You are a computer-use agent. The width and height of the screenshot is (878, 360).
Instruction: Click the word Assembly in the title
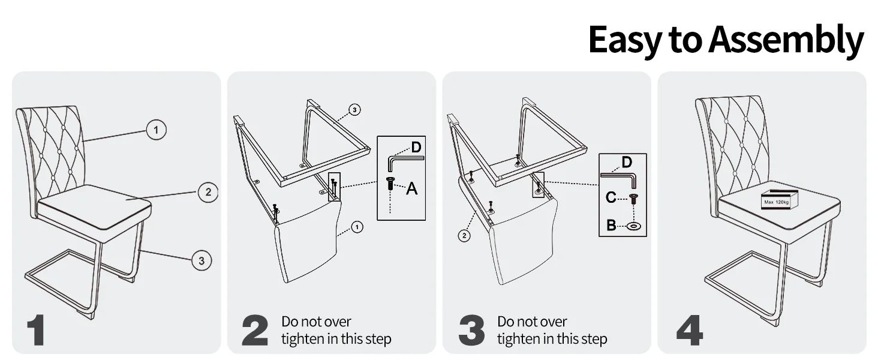pyautogui.click(x=786, y=40)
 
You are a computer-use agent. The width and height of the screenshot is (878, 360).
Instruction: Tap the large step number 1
pyautogui.click(x=37, y=330)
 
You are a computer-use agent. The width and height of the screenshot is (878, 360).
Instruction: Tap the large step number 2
pyautogui.click(x=255, y=330)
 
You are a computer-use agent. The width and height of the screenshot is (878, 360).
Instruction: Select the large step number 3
pyautogui.click(x=471, y=330)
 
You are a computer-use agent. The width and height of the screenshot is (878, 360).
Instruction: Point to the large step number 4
pyautogui.click(x=690, y=330)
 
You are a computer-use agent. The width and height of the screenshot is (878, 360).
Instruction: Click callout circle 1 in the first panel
pyautogui.click(x=156, y=130)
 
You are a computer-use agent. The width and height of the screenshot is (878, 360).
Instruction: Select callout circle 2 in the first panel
pyautogui.click(x=208, y=192)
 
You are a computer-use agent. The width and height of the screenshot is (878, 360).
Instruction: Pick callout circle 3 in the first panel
pyautogui.click(x=202, y=260)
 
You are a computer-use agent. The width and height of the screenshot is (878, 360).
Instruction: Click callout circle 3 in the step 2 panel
pyautogui.click(x=354, y=110)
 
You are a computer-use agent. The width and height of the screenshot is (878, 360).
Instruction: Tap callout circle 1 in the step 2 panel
pyautogui.click(x=357, y=227)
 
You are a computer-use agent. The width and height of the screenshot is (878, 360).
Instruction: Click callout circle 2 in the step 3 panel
pyautogui.click(x=464, y=236)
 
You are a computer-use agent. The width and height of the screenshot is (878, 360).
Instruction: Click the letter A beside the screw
pyautogui.click(x=411, y=188)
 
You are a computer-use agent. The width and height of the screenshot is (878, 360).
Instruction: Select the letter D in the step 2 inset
pyautogui.click(x=416, y=147)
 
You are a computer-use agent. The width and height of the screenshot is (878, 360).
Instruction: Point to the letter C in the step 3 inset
pyautogui.click(x=611, y=197)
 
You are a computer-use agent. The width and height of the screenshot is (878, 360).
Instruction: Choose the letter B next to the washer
pyautogui.click(x=611, y=225)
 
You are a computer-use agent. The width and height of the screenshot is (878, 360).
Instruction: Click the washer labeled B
pyautogui.click(x=634, y=226)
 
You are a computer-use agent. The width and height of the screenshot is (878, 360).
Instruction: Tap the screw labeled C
pyautogui.click(x=633, y=199)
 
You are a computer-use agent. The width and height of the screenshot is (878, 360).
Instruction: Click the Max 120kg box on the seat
pyautogui.click(x=779, y=200)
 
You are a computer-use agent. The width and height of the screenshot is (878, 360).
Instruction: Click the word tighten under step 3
pyautogui.click(x=517, y=339)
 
